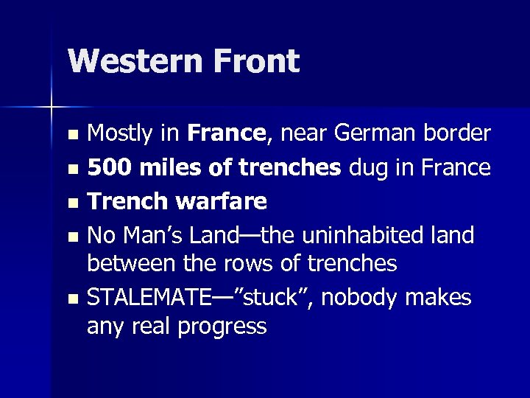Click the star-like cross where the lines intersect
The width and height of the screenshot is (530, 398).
51,108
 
